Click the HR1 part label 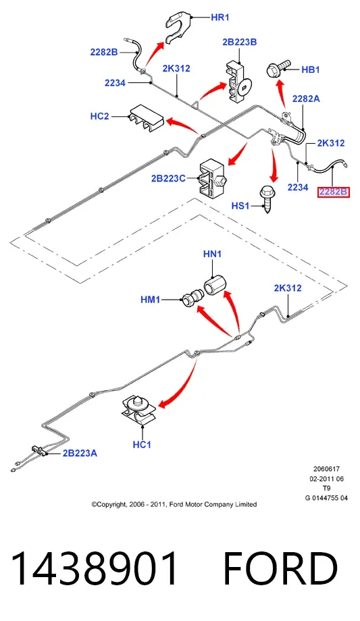click(220, 18)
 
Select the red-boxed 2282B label click(333, 192)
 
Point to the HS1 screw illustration click(266, 200)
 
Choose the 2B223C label click(168, 179)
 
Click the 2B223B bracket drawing click(238, 82)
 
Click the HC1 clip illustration click(138, 410)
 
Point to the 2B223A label click(80, 453)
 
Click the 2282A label click(306, 99)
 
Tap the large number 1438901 click(95, 568)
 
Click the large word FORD click(280, 568)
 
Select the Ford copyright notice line click(174, 504)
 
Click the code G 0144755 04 click(326, 498)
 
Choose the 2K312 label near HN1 click(288, 288)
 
